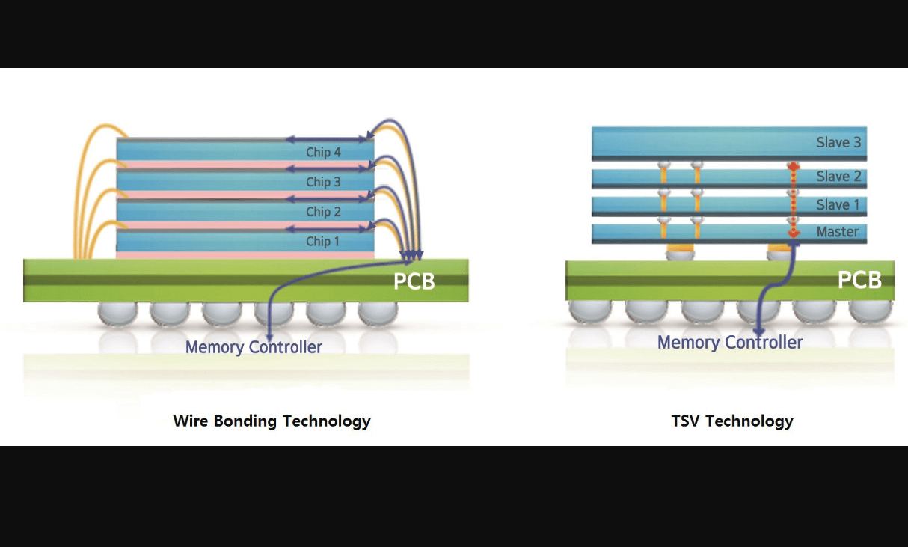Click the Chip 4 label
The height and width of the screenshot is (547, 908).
coord(323,153)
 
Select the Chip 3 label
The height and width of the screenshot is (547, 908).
coord(323,182)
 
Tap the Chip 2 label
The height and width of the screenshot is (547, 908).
coord(323,212)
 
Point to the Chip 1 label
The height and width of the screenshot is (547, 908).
coord(323,242)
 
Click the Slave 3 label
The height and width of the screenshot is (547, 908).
coord(838,142)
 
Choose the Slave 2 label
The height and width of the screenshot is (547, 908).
coord(838,177)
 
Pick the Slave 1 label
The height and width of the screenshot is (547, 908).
coord(838,204)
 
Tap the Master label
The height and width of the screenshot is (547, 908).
coord(837,232)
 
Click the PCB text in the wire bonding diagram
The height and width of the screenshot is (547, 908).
coord(414,282)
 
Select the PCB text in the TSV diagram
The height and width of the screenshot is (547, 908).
coord(859,280)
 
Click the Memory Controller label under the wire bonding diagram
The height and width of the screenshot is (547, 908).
coord(254,347)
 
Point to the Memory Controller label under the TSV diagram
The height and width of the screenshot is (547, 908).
coord(730,343)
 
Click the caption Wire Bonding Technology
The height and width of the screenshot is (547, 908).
coord(272,421)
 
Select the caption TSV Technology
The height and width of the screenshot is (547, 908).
coord(732,421)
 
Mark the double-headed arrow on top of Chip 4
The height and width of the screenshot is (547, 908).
coord(328,138)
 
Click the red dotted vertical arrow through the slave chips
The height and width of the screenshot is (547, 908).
coord(793,199)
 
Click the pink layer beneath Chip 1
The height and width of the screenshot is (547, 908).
coord(245,255)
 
